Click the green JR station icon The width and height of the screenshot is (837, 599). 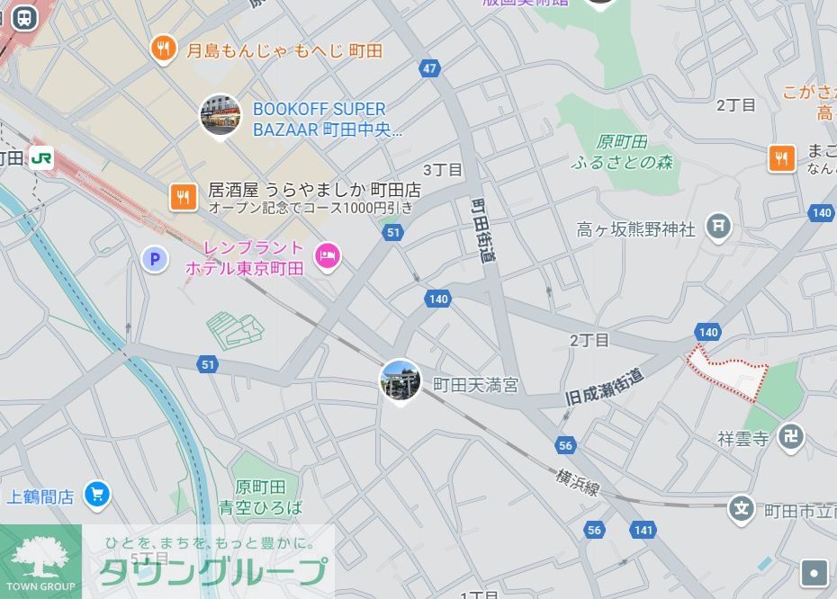tap(40, 158)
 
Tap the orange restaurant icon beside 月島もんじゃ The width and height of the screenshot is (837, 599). tap(163, 49)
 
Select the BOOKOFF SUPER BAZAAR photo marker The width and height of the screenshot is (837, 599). tap(220, 115)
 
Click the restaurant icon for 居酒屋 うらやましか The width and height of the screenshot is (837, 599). tap(184, 197)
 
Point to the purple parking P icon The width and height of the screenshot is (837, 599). tap(155, 260)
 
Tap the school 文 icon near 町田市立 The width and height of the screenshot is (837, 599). tap(742, 509)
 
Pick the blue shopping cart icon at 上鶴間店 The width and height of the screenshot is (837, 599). tap(96, 494)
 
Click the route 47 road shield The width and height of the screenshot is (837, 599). tap(429, 68)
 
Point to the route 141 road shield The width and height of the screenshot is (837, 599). tap(643, 530)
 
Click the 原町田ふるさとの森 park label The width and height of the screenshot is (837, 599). tap(622, 152)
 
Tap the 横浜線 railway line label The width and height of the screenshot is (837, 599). tap(577, 481)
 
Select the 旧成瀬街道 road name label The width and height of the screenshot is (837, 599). tap(605, 389)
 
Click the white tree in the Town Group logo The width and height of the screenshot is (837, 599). tap(40, 556)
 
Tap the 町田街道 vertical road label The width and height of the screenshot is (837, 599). tap(484, 230)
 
